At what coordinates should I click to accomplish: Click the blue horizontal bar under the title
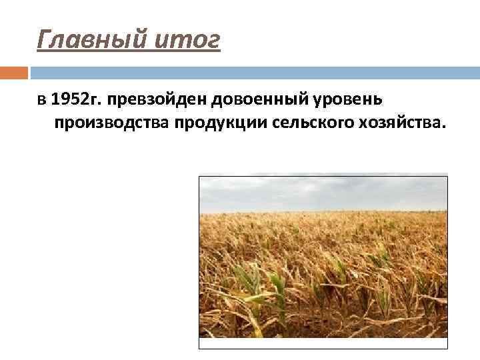253,72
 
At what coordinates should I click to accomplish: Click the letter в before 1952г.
41,101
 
